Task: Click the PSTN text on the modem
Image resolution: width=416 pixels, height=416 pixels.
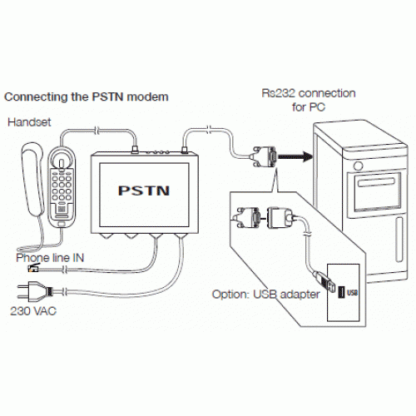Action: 144,191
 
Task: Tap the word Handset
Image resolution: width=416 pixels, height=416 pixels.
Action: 29,122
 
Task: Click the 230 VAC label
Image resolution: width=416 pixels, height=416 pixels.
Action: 33,311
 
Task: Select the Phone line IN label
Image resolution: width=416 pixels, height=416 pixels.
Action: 50,258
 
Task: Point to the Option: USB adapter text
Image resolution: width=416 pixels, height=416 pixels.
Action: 266,295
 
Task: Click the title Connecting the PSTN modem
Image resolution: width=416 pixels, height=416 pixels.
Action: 87,97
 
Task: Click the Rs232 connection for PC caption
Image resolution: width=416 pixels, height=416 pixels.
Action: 309,100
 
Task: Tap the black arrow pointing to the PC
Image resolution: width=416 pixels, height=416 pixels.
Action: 295,156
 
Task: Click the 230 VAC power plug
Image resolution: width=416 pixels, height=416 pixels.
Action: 34,291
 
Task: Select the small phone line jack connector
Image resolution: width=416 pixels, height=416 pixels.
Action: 33,268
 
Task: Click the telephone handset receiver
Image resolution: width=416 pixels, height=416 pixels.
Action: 33,179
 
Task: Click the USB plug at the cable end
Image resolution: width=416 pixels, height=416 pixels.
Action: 324,280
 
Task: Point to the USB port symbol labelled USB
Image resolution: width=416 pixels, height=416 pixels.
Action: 342,293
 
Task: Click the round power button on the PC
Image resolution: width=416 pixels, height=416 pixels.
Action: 359,166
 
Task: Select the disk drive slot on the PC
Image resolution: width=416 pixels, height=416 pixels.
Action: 376,182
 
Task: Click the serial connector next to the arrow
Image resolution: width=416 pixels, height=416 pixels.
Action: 264,157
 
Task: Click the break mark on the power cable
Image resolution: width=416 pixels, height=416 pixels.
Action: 65,292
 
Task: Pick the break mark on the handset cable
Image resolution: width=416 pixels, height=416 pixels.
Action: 97,131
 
